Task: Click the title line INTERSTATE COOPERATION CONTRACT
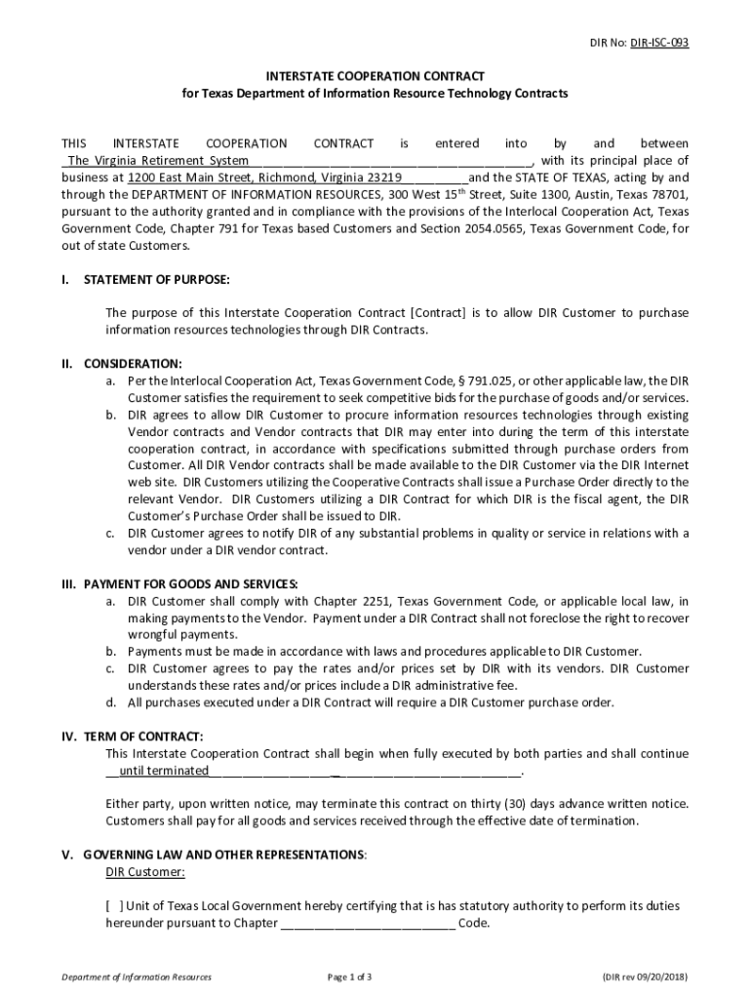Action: pos(375,75)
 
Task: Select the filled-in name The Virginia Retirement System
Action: pos(157,161)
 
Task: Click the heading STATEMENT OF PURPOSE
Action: pos(157,280)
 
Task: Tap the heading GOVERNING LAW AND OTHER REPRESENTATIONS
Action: pos(224,855)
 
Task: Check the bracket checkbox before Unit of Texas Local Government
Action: pos(115,906)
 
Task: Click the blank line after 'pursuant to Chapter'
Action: pos(368,924)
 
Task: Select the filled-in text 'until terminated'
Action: pos(164,771)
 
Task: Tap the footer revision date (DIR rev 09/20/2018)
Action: pos(646,977)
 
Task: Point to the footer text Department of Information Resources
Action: pos(137,977)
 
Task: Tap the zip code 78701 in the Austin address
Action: pos(666,194)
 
